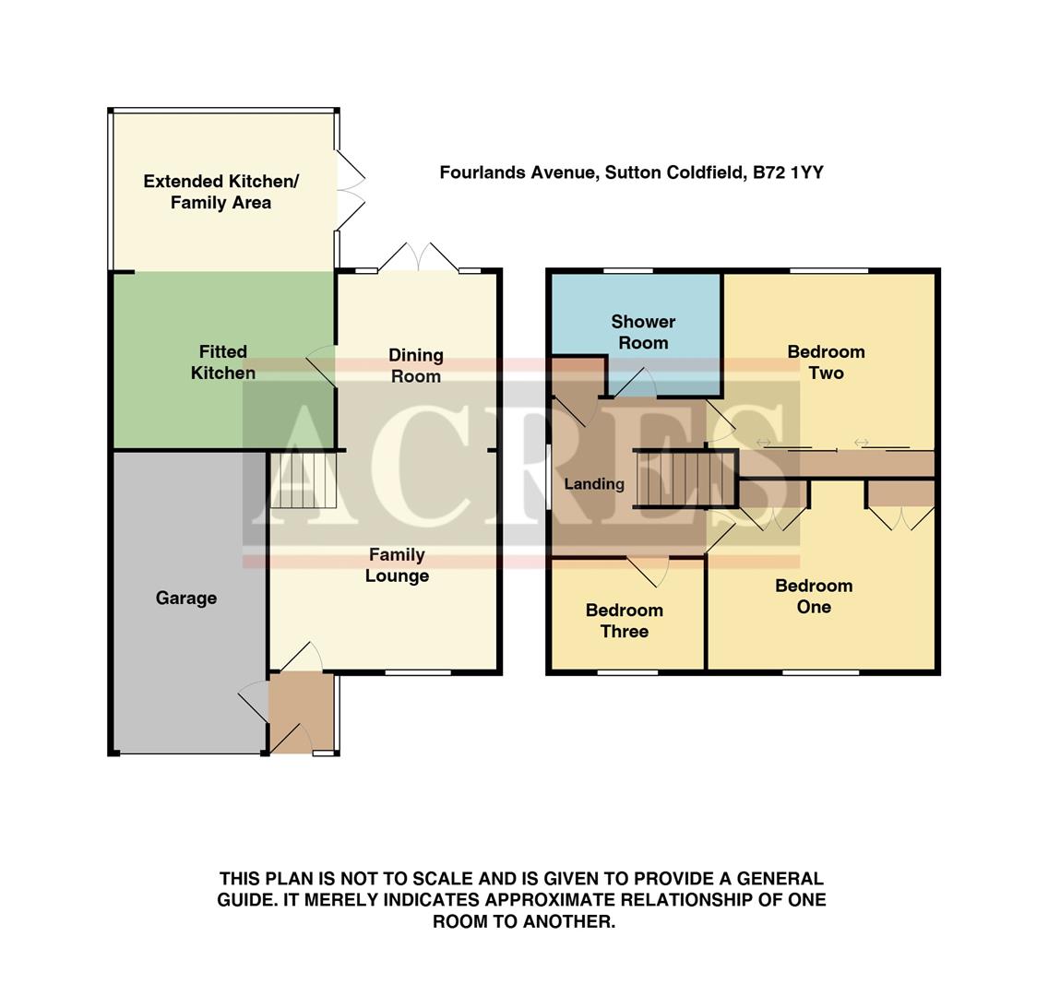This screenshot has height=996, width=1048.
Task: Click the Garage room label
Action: click(185, 599)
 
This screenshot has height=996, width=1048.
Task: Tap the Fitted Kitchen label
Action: click(222, 362)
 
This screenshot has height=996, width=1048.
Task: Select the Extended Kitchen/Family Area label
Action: click(220, 192)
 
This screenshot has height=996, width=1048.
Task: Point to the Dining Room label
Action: click(415, 365)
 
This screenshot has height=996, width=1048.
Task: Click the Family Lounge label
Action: click(397, 565)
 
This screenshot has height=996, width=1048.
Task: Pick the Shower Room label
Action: click(643, 332)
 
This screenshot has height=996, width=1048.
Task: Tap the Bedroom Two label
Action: click(826, 362)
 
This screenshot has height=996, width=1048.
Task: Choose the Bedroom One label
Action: click(814, 596)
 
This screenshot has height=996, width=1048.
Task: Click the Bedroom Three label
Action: click(624, 621)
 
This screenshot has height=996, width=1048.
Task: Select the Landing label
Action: click(594, 484)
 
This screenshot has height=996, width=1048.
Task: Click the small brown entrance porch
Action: click(301, 712)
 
